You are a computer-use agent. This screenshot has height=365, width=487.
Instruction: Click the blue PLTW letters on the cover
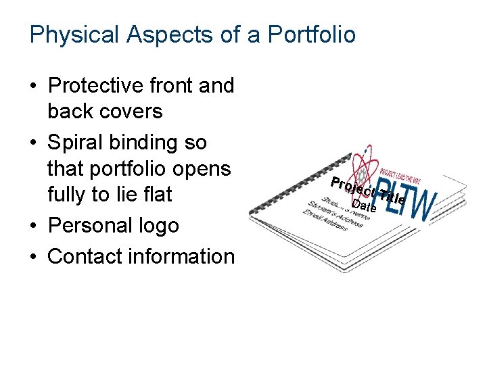406,198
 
